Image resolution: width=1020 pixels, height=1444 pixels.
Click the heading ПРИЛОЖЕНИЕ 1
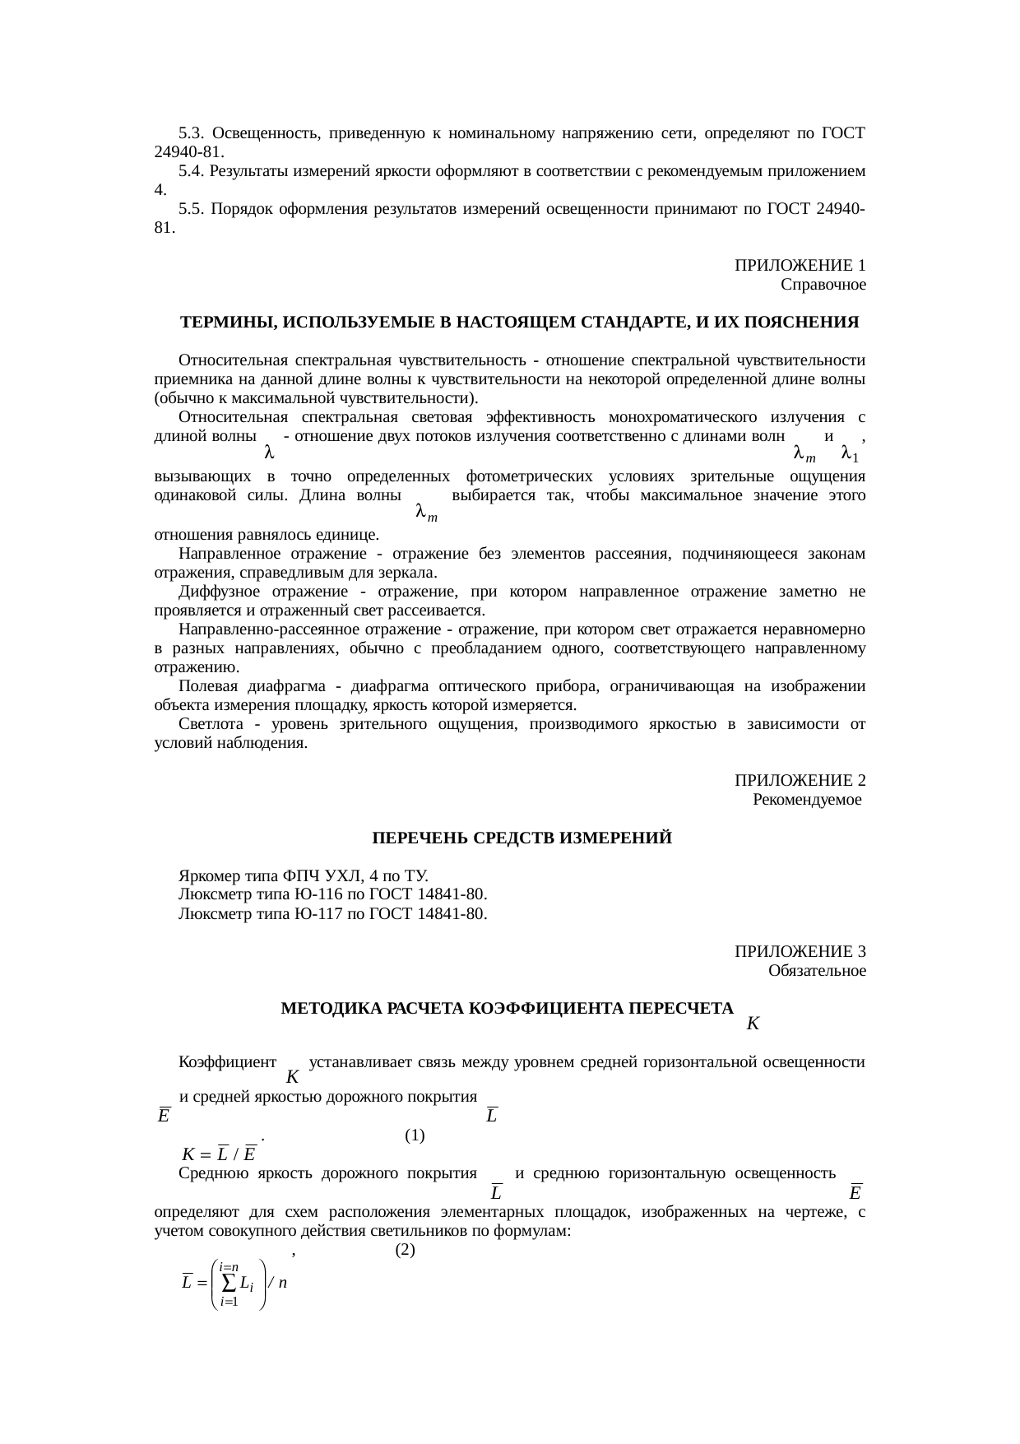(800, 266)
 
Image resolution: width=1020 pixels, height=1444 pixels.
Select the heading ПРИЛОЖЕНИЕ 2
(800, 780)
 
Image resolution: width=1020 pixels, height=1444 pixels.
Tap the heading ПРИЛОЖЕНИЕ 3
(800, 951)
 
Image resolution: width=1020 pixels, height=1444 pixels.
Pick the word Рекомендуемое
(807, 800)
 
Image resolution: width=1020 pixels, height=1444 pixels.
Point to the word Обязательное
(817, 971)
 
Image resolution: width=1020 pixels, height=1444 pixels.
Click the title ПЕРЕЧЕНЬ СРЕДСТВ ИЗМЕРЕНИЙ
(522, 838)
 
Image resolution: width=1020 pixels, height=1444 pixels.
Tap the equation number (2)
(404, 1250)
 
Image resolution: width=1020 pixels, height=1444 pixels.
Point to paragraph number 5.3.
(191, 132)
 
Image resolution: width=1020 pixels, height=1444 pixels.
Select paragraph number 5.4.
(191, 171)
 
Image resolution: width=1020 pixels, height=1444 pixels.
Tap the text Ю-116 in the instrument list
(314, 894)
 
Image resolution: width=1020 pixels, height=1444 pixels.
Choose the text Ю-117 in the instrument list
(314, 913)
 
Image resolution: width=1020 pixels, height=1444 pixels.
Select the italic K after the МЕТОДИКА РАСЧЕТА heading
(753, 1024)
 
